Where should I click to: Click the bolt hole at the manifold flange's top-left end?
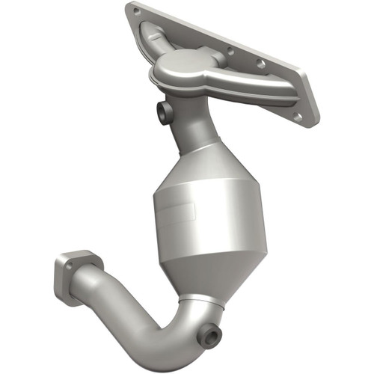pos(136,12)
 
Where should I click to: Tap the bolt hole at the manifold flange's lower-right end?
pos(298,117)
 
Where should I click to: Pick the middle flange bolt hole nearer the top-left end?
pos(230,52)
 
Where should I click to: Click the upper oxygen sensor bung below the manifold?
pos(164,111)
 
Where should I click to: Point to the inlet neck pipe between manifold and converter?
pos(190,130)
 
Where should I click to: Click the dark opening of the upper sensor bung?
pos(161,112)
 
